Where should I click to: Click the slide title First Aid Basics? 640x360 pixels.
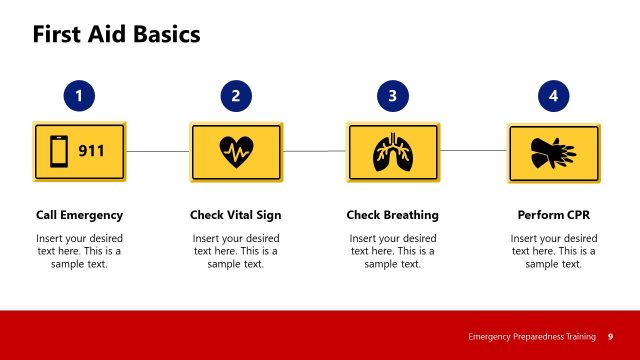pyautogui.click(x=117, y=34)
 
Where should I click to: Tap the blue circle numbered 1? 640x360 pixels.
pyautogui.click(x=79, y=96)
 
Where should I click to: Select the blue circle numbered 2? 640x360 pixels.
pyautogui.click(x=236, y=96)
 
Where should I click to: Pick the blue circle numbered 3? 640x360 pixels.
pyautogui.click(x=393, y=96)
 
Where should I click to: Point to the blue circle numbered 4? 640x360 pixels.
pyautogui.click(x=553, y=96)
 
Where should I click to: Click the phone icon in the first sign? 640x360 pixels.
pyautogui.click(x=59, y=152)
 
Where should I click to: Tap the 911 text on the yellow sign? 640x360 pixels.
pyautogui.click(x=93, y=152)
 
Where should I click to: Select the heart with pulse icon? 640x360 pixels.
pyautogui.click(x=236, y=152)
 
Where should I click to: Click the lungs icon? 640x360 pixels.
pyautogui.click(x=393, y=152)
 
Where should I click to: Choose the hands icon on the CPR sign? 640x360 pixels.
pyautogui.click(x=553, y=153)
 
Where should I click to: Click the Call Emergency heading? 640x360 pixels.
pyautogui.click(x=79, y=215)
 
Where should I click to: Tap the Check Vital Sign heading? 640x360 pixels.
pyautogui.click(x=236, y=215)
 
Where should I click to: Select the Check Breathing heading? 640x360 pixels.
pyautogui.click(x=393, y=215)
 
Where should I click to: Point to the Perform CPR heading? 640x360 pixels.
pyautogui.click(x=553, y=215)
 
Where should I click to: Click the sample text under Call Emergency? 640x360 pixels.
pyautogui.click(x=79, y=251)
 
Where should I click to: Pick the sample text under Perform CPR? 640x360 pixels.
pyautogui.click(x=553, y=251)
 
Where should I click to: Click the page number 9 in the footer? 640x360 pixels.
pyautogui.click(x=610, y=336)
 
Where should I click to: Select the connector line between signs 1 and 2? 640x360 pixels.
pyautogui.click(x=158, y=152)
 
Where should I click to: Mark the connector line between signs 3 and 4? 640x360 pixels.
pyautogui.click(x=473, y=151)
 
